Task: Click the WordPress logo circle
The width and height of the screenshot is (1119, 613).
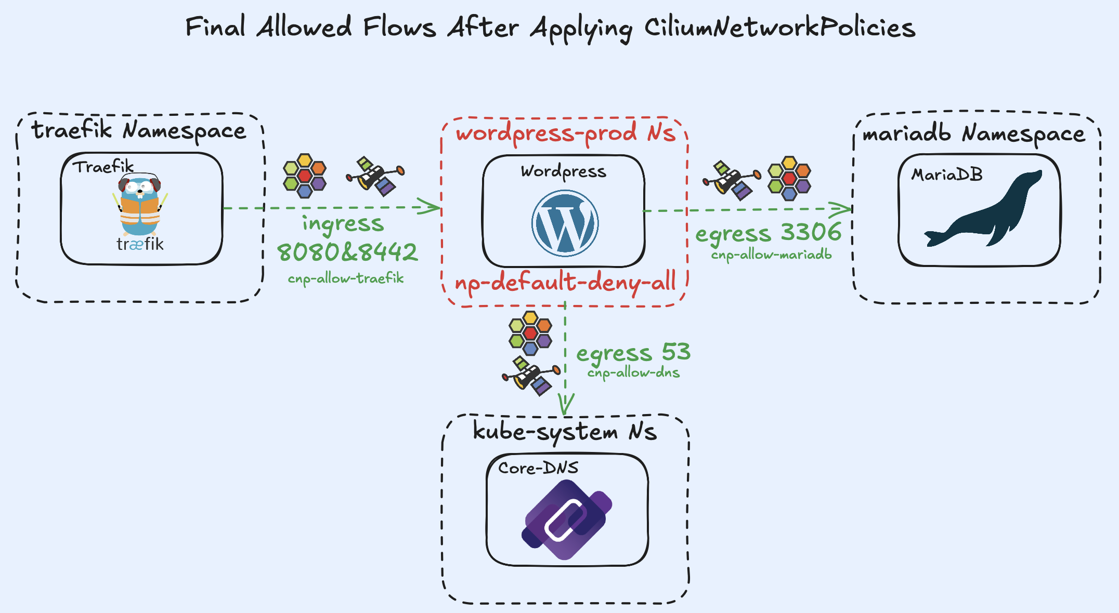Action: (565, 223)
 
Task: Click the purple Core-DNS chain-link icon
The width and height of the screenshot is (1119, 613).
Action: (567, 519)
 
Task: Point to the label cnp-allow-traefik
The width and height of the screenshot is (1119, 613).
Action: (346, 278)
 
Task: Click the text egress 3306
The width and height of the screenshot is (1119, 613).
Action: (769, 232)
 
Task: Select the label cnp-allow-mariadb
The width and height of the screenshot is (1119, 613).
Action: (771, 255)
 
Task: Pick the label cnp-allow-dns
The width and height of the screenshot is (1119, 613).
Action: (633, 372)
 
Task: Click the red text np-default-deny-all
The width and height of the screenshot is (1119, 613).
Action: (565, 282)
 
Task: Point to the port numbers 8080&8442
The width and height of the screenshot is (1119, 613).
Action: (347, 252)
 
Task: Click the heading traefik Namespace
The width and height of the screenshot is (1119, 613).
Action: (139, 130)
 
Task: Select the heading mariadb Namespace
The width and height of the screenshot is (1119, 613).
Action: (973, 134)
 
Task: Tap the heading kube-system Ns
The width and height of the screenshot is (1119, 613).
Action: (565, 431)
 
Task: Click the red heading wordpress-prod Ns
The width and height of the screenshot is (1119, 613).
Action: (566, 132)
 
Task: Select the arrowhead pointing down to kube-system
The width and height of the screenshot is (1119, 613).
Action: (565, 405)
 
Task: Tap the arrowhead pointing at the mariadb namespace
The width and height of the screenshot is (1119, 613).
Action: (842, 209)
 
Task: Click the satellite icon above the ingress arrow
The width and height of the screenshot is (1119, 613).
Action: (375, 176)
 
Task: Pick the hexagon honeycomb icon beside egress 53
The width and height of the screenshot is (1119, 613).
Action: (530, 333)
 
